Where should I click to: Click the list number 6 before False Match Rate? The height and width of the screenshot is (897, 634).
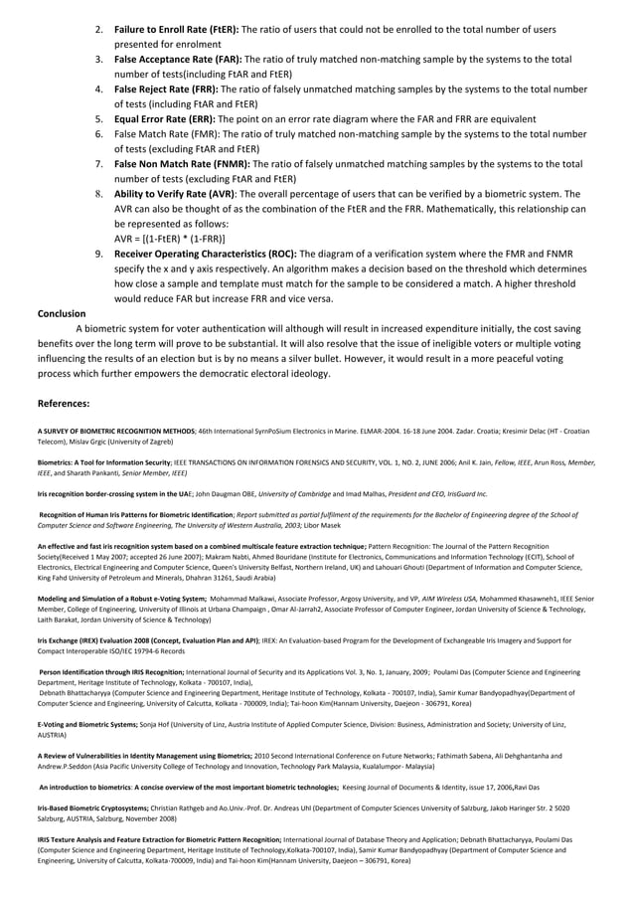coord(99,133)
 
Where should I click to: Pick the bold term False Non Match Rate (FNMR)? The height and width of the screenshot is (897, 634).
coord(183,164)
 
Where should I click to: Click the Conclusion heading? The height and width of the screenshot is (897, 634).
coord(62,314)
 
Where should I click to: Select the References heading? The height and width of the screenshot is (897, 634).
coord(64,404)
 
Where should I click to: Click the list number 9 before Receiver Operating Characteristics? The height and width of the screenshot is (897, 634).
coord(99,255)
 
